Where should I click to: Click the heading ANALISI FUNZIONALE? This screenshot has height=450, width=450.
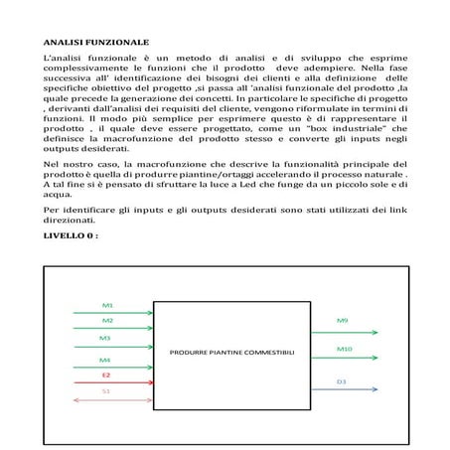click(95, 45)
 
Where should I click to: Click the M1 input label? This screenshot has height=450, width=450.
click(107, 304)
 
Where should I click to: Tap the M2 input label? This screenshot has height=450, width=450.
click(107, 321)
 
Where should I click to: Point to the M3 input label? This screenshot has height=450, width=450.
click(104, 339)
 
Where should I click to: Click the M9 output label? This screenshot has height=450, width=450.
click(341, 321)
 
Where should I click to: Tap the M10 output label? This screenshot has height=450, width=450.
click(344, 349)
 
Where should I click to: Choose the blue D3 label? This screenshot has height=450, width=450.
click(341, 380)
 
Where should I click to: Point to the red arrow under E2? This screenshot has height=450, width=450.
click(108, 381)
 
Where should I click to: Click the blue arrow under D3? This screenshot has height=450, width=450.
click(343, 389)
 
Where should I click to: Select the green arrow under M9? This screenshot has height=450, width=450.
click(343, 330)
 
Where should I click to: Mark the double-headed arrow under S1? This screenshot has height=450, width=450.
click(108, 399)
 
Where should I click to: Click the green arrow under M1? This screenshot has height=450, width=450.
click(108, 311)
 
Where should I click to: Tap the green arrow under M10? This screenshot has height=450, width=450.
click(343, 358)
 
